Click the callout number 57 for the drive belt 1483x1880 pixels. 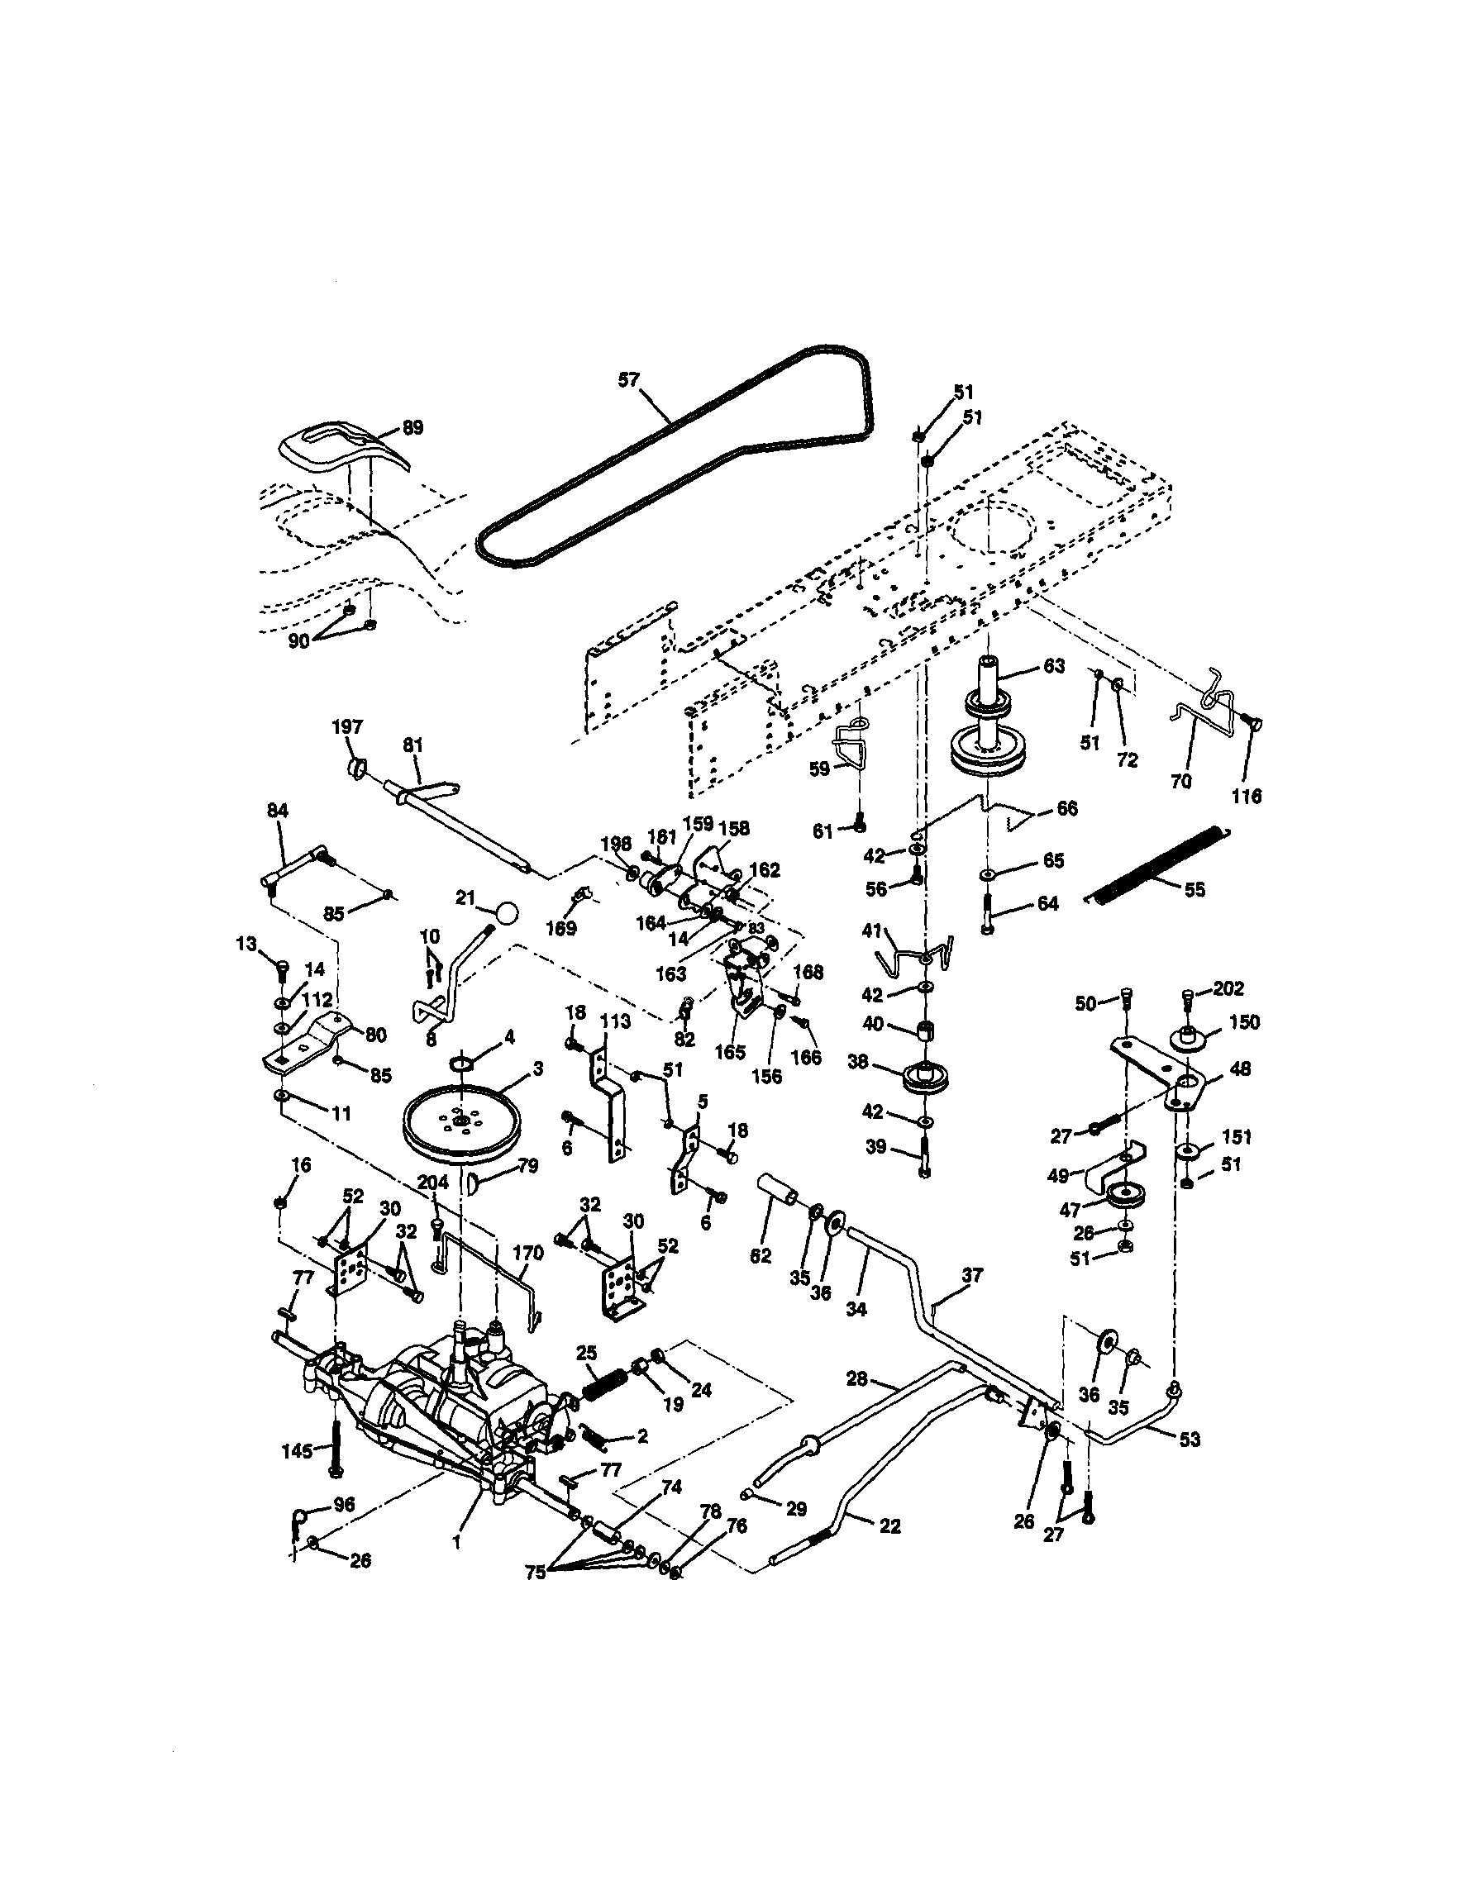[x=628, y=380]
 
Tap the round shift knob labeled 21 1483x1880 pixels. [x=506, y=913]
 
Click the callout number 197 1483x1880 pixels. [x=347, y=727]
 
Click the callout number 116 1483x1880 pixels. [x=1247, y=796]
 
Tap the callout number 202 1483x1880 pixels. [x=1228, y=988]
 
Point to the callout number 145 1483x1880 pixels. [x=298, y=1450]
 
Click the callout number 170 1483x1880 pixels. [x=528, y=1253]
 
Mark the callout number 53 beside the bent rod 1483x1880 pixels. [x=1190, y=1439]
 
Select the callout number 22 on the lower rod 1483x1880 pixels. [x=890, y=1525]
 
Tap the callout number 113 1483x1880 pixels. [x=616, y=1021]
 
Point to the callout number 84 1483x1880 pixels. [x=277, y=810]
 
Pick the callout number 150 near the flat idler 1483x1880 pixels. [x=1245, y=1021]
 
